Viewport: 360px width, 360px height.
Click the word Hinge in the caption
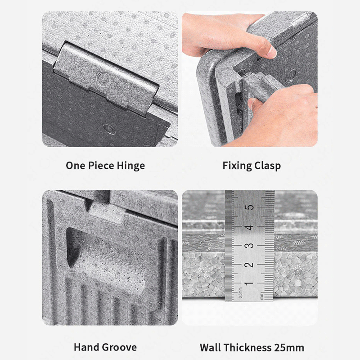[130, 166]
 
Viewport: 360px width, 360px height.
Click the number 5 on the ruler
[249, 207]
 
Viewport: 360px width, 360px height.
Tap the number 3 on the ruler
[249, 245]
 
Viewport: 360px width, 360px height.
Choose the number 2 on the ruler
[249, 265]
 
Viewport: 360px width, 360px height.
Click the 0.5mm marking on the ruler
[240, 293]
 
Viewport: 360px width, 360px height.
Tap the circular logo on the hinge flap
[103, 78]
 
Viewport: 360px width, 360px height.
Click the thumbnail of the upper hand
[272, 51]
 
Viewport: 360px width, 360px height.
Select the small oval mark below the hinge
[109, 129]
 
